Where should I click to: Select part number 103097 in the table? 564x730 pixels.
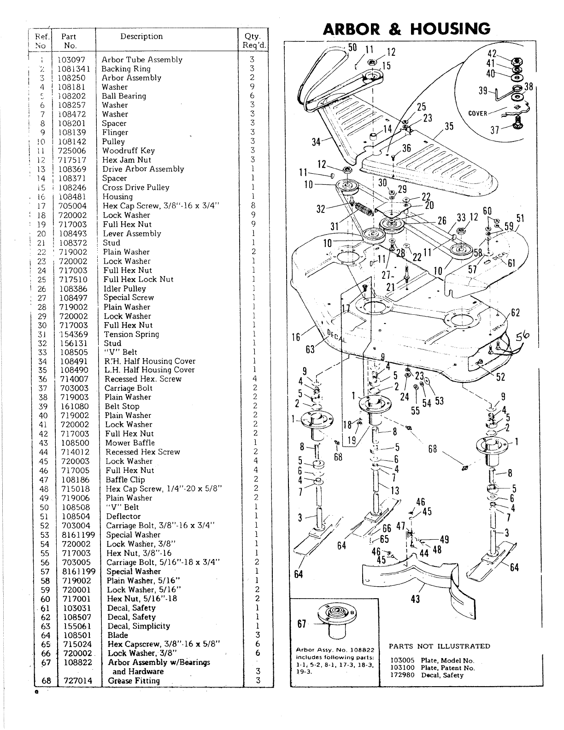(x=74, y=59)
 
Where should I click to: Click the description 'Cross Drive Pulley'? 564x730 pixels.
(x=136, y=188)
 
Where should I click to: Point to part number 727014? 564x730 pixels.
(x=76, y=681)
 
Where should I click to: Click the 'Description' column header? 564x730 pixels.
(x=141, y=36)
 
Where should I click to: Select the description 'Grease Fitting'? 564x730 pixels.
(x=134, y=681)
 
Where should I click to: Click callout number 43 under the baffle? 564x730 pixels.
(x=415, y=600)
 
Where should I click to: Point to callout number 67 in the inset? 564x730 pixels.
(x=302, y=624)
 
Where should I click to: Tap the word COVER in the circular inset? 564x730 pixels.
(x=477, y=113)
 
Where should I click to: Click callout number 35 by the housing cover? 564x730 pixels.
(x=449, y=127)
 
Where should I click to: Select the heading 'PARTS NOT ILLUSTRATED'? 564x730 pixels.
(x=439, y=646)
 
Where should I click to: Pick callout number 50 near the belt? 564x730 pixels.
(x=352, y=47)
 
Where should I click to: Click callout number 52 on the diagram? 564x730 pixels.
(x=500, y=377)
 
